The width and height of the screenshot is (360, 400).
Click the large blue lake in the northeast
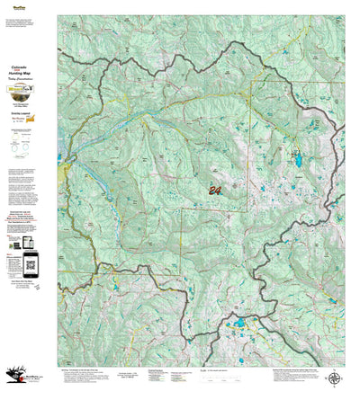pyautogui.click(x=298, y=161)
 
